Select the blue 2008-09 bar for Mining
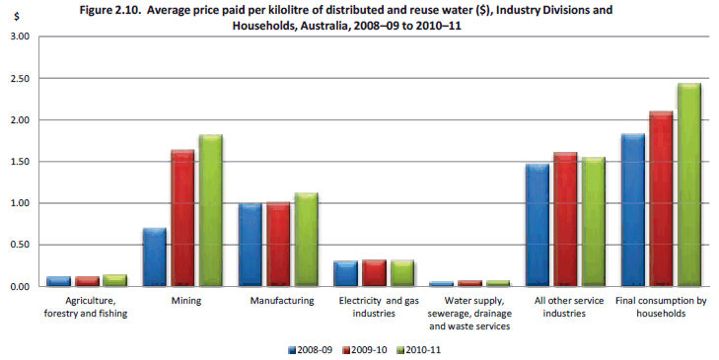click(154, 257)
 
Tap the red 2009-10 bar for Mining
click(182, 218)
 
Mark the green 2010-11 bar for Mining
click(210, 211)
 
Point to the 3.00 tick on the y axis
click(20, 36)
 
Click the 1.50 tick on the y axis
click(20, 162)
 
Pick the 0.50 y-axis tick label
click(20, 245)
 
